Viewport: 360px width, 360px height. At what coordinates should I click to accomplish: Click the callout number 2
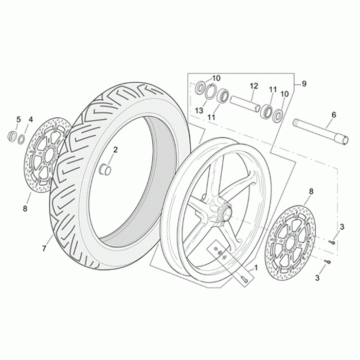click(116, 150)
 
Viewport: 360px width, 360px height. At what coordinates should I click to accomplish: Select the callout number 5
click(19, 120)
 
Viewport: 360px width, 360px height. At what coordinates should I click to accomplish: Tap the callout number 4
click(30, 119)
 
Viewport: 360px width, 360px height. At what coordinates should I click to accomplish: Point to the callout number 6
click(334, 115)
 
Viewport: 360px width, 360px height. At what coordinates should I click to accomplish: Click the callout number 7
click(44, 248)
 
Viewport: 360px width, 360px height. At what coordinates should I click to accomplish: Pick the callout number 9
click(304, 84)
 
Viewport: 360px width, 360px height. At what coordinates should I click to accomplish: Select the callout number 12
click(254, 86)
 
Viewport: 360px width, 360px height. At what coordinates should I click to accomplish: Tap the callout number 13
click(199, 111)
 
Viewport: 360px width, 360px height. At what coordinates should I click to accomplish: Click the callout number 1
click(256, 268)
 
